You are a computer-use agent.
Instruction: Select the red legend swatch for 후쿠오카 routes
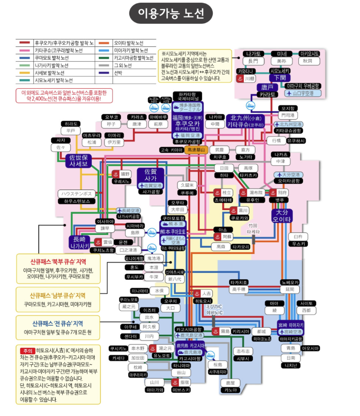[x=24, y=42]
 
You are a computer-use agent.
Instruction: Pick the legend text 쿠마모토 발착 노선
[x=51, y=58]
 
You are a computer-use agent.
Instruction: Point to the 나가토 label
[x=253, y=54]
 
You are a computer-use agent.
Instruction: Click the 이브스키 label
[x=181, y=390]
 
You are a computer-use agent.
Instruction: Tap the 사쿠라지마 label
[x=217, y=371]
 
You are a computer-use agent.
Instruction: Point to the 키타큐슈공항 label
[x=288, y=130]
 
